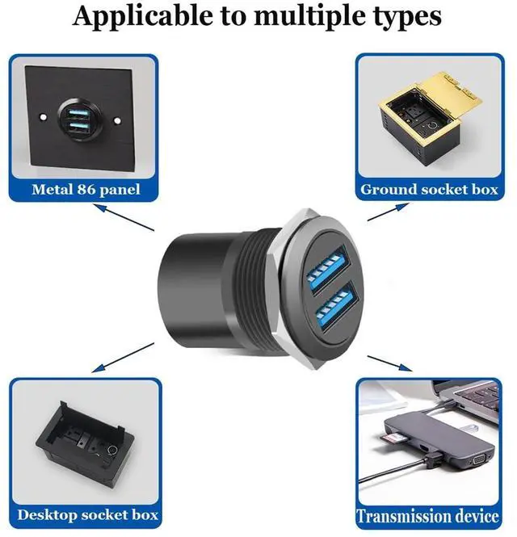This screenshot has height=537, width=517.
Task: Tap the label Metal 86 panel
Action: click(85, 191)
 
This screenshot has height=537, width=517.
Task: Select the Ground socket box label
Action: click(428, 191)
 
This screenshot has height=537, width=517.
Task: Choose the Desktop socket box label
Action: click(88, 514)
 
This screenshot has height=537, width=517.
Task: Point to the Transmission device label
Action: click(429, 516)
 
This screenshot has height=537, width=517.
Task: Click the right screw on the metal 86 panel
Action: click(119, 122)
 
